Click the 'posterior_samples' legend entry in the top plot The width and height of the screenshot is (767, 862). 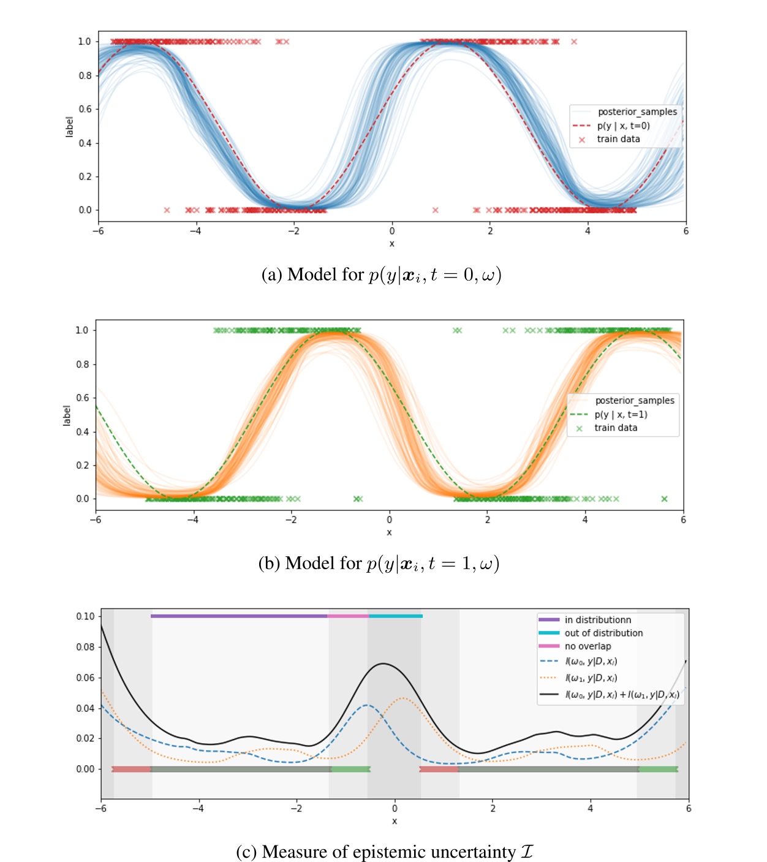637,112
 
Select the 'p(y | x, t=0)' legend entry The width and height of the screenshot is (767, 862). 623,126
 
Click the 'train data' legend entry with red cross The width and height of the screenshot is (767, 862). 618,139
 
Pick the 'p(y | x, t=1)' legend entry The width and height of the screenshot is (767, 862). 621,414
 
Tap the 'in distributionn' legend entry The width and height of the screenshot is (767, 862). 597,620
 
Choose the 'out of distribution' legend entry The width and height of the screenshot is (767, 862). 603,633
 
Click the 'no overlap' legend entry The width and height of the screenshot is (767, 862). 588,646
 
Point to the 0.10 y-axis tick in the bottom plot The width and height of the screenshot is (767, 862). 85,616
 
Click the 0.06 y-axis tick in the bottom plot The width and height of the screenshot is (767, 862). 85,678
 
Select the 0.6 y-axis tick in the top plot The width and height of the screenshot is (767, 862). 85,109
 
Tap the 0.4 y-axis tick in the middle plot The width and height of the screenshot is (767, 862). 82,432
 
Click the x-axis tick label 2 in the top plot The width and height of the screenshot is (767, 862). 490,232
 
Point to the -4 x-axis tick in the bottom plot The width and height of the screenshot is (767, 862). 198,809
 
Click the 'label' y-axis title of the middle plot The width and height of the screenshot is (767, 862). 67,415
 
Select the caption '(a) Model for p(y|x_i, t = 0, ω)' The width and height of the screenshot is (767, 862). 381,274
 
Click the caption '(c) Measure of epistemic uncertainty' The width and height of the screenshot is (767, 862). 385,852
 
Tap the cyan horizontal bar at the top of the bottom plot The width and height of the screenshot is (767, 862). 396,616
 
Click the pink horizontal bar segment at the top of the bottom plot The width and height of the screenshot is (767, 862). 348,616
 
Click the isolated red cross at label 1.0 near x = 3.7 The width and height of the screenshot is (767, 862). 574,42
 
